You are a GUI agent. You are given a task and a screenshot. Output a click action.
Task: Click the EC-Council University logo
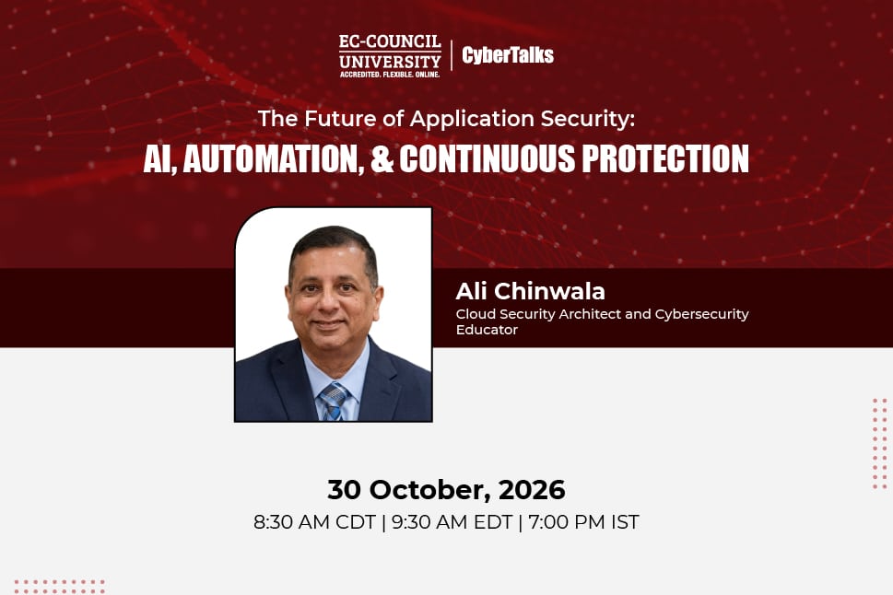pos(390,56)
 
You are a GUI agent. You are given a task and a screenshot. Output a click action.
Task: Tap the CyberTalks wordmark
pos(508,54)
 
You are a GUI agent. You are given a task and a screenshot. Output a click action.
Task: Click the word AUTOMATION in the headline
pos(274,158)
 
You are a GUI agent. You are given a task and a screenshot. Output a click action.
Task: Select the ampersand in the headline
pos(382,157)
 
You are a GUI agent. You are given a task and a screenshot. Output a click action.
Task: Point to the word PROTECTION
pos(665,157)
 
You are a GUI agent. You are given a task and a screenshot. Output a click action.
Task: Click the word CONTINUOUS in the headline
pos(487,157)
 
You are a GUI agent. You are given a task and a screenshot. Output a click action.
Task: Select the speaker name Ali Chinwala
pos(530,291)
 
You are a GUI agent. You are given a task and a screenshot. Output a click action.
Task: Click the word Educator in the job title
pos(487,330)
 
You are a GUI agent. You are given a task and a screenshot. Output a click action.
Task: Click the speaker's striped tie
pos(335,402)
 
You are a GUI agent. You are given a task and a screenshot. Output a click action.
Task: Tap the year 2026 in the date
pos(532,490)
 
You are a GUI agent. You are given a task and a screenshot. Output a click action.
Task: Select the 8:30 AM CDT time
pos(314,521)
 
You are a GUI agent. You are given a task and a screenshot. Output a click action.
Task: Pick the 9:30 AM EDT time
pos(452,521)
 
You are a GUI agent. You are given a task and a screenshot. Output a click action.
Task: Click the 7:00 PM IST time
pos(583,521)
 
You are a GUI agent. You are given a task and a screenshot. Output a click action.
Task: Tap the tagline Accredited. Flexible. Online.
pos(390,75)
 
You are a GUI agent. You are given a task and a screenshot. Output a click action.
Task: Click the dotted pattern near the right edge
pos(880,444)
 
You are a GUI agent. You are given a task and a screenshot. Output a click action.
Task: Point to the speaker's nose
pos(330,302)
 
